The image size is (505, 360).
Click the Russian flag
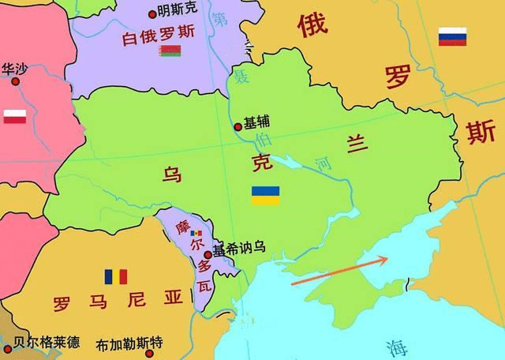[452, 36]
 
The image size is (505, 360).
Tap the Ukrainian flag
[265, 195]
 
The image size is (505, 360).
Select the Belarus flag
[170, 52]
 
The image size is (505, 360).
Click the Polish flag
[16, 117]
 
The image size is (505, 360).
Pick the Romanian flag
[115, 277]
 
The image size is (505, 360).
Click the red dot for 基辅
[238, 126]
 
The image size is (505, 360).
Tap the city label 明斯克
[178, 11]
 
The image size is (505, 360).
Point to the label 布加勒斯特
[129, 344]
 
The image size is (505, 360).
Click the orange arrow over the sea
[339, 270]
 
